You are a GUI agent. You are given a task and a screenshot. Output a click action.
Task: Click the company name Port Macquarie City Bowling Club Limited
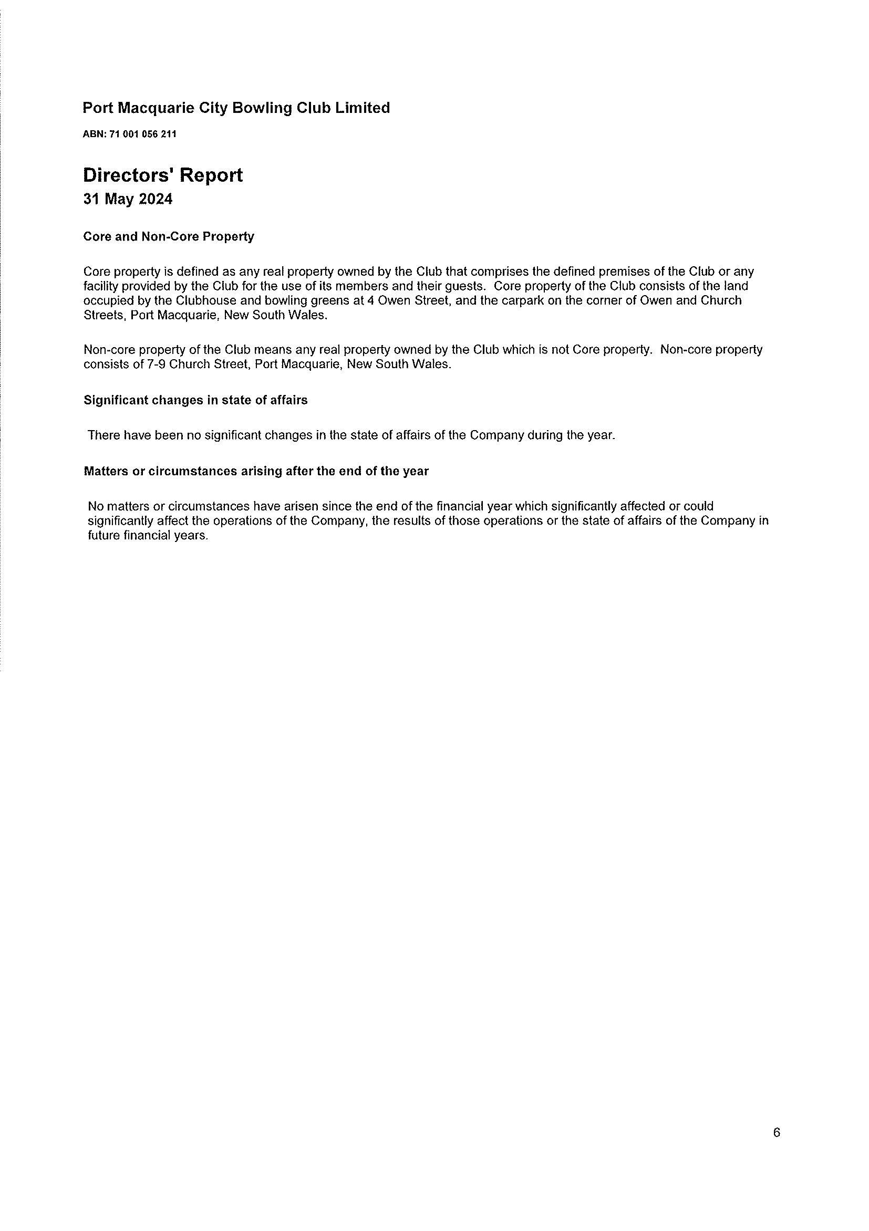pyautogui.click(x=236, y=108)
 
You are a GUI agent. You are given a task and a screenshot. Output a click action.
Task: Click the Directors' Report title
pyautogui.click(x=163, y=175)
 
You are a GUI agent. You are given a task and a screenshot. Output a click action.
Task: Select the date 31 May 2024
pyautogui.click(x=128, y=200)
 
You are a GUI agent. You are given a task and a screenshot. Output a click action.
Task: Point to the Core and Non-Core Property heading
pyautogui.click(x=169, y=236)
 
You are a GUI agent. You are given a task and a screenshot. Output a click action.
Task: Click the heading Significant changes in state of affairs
pyautogui.click(x=195, y=400)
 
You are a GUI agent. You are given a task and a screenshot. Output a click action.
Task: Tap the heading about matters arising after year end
pyautogui.click(x=256, y=471)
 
